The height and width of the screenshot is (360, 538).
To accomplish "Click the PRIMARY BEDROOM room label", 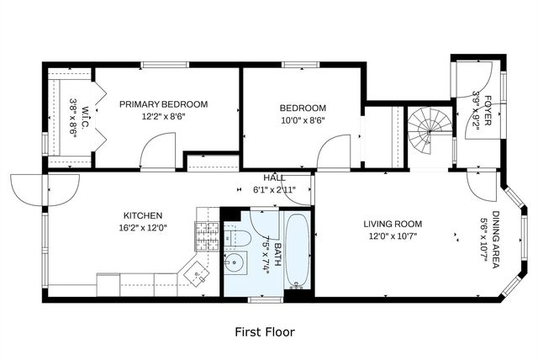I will click(163, 104).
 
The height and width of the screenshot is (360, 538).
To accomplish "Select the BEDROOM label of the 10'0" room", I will click(303, 108).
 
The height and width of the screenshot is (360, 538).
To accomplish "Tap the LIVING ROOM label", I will click(393, 224).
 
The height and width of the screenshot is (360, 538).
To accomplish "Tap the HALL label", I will click(274, 178).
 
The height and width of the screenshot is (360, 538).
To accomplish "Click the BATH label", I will click(268, 236).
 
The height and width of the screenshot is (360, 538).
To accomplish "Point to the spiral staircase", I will click(430, 131).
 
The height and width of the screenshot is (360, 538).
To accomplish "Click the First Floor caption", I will click(264, 331).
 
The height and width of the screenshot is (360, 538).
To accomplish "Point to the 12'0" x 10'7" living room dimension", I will click(393, 236).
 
